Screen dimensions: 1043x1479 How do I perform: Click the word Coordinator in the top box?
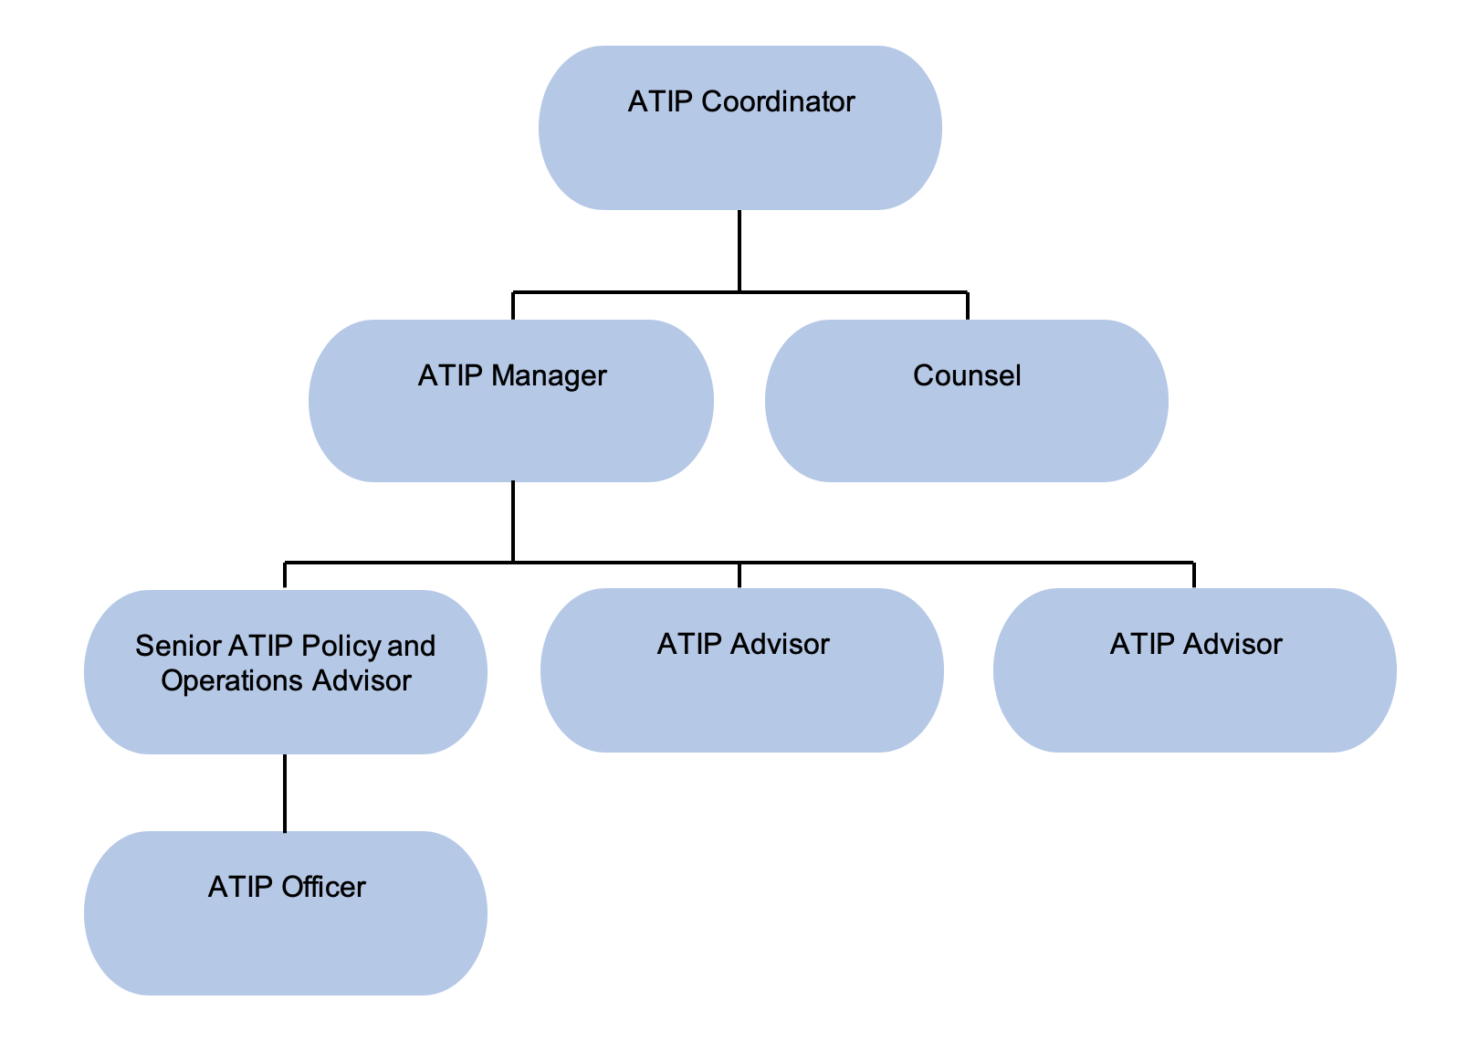pos(778,101)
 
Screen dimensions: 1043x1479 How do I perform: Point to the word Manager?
pos(549,375)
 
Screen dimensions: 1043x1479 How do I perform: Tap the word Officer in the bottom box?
pos(323,887)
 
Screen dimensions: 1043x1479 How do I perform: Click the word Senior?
pos(178,646)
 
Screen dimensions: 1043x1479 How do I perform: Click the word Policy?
pos(341,646)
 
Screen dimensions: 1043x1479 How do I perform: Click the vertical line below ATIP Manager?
pos(513,521)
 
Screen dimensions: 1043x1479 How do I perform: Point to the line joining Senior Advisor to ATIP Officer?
pos(285,793)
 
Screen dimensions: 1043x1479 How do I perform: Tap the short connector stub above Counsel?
pos(967,306)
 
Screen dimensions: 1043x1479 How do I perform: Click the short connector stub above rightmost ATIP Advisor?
pos(1194,575)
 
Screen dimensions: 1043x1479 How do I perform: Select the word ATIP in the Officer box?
pos(240,887)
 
